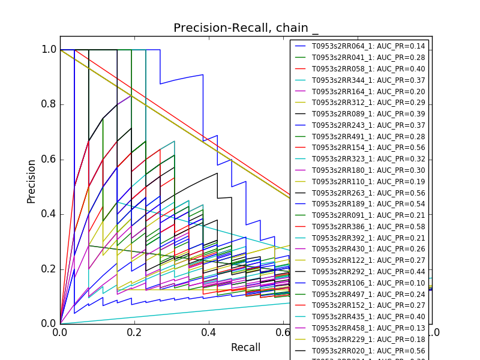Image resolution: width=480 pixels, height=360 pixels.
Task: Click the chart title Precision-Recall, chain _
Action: (x=246, y=28)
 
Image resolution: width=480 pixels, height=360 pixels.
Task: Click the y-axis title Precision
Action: (x=31, y=181)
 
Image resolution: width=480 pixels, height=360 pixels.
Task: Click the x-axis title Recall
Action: (x=245, y=347)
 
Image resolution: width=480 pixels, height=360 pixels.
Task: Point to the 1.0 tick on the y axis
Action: (x=49, y=49)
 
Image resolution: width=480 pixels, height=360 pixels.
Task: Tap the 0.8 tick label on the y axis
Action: (x=49, y=104)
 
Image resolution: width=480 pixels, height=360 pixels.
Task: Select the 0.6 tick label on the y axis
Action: (x=49, y=159)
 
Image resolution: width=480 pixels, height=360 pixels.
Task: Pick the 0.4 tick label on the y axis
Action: (x=49, y=214)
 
